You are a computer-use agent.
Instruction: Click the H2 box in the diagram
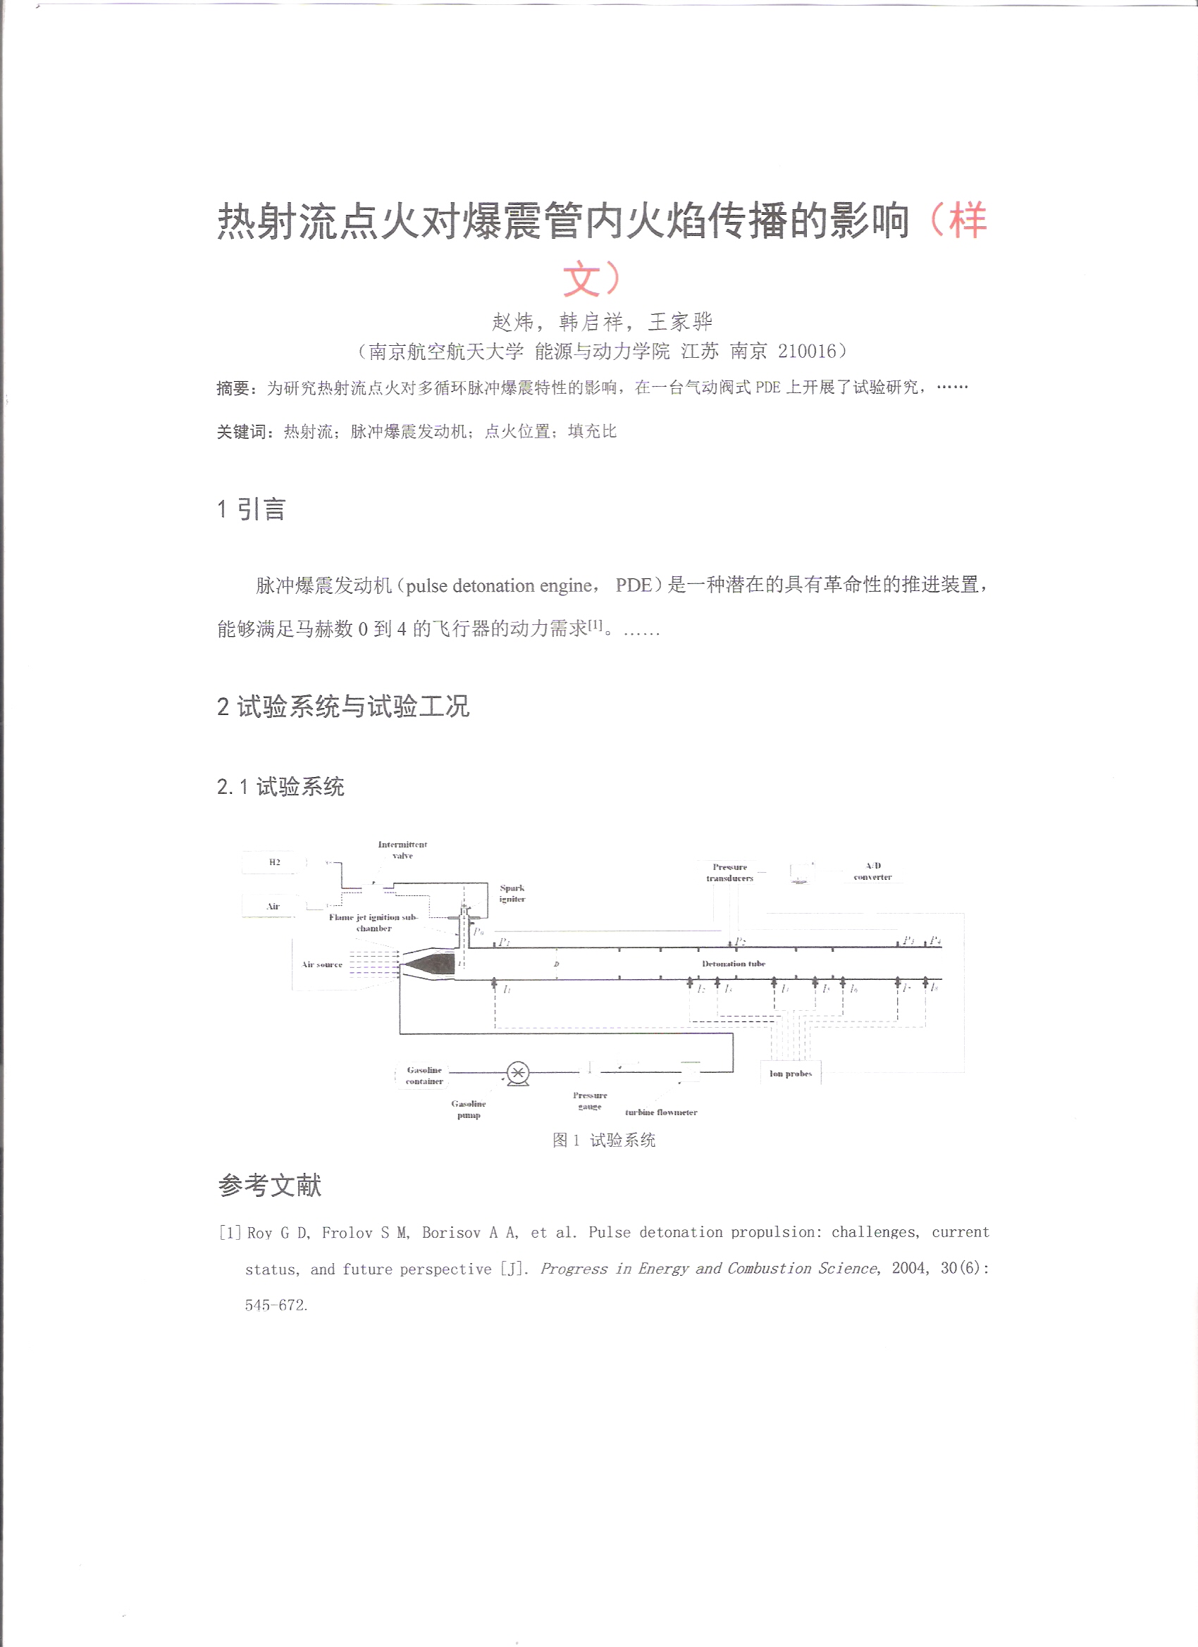(274, 862)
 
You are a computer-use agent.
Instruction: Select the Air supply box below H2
(273, 907)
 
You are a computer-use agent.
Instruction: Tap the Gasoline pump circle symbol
(518, 1072)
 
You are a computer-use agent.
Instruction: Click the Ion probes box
(791, 1074)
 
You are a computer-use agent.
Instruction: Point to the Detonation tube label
(733, 964)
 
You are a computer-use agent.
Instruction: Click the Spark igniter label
(512, 893)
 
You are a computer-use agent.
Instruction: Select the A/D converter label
(872, 871)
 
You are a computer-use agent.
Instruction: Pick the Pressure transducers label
(729, 872)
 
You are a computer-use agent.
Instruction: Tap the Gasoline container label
(424, 1076)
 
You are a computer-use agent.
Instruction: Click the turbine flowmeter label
(661, 1112)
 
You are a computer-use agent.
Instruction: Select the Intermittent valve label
(402, 850)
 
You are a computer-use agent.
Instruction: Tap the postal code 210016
(807, 352)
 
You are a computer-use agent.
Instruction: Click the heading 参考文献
(269, 1185)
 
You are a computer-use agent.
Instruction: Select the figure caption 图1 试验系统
(604, 1140)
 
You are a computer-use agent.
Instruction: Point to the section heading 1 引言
(252, 509)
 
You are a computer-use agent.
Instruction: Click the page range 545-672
(276, 1305)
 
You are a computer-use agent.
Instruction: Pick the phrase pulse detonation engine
(499, 585)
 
